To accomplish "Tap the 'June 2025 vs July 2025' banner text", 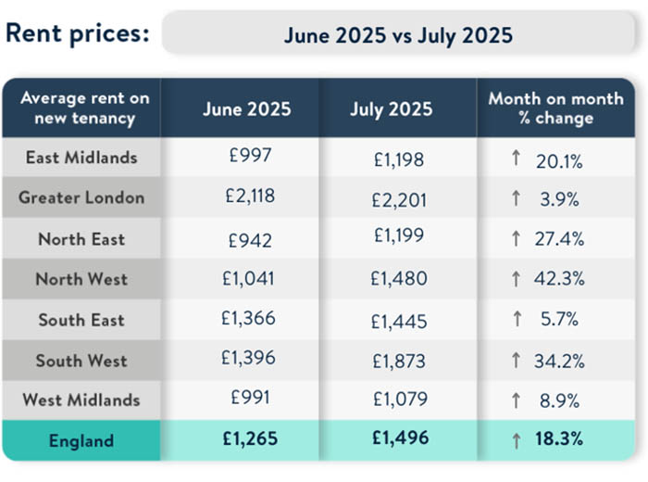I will pos(398,35).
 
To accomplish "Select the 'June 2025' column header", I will pos(246,108).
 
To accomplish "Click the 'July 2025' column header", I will pos(391,108).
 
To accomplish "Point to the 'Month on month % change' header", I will pos(555,108).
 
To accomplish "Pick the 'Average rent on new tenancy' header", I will pos(84,108).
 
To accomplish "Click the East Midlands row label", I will pos(81,158).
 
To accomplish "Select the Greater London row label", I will pos(81,197).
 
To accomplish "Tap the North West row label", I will pos(81,279).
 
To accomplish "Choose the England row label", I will pos(81,440).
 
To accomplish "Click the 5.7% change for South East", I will pos(558,320).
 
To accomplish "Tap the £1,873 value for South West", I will pos(397,361).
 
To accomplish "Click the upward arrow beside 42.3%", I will pos(516,279).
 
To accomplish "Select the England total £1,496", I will pos(397,440).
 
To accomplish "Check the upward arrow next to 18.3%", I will pos(516,439).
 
